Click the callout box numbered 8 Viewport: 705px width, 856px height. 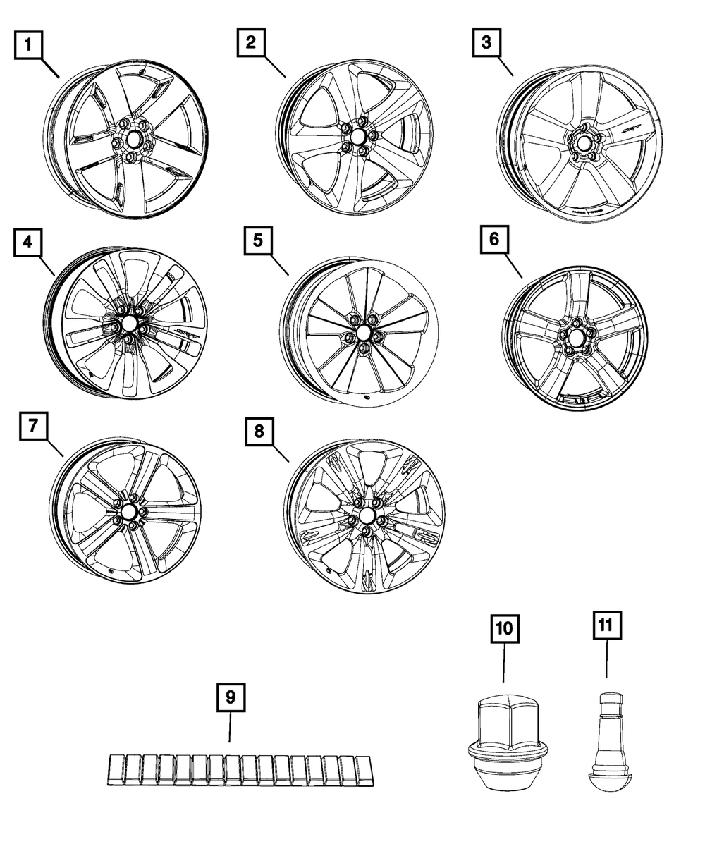tap(260, 431)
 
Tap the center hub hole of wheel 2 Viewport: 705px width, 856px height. tap(357, 136)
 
